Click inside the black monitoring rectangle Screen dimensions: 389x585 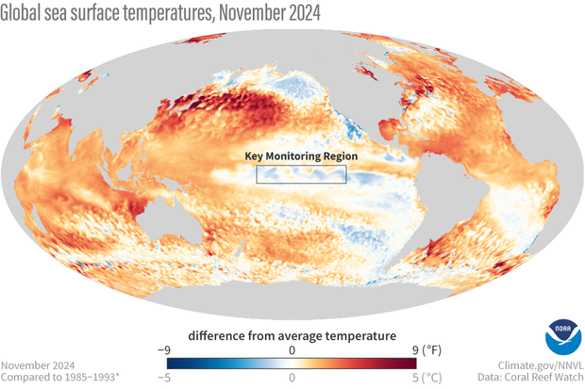coord(301,174)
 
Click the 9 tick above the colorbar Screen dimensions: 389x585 coord(414,348)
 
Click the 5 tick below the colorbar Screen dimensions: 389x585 coord(414,376)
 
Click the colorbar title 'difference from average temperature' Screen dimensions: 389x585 coord(291,335)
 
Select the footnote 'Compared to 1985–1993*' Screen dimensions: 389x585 coord(54,376)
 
